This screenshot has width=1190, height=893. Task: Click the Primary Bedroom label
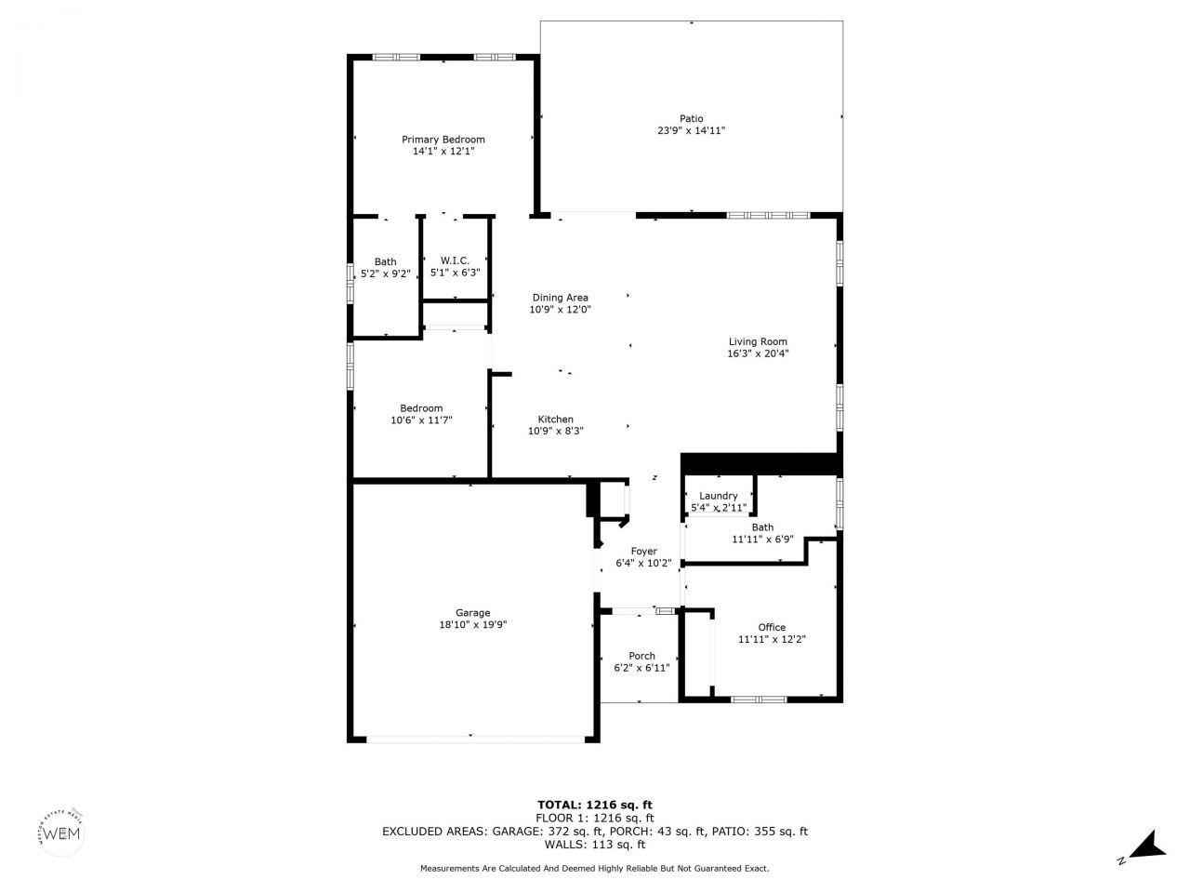click(x=443, y=140)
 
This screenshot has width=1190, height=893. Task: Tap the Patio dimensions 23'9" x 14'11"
click(x=691, y=131)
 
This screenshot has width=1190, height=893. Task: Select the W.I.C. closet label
click(x=455, y=260)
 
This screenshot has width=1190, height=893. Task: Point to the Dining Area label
click(x=560, y=298)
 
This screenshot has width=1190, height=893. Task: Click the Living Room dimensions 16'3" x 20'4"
click(x=758, y=353)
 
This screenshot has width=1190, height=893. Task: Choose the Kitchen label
click(x=556, y=420)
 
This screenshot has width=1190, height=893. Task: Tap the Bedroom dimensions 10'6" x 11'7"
click(x=421, y=420)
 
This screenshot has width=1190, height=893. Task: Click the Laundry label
click(x=718, y=496)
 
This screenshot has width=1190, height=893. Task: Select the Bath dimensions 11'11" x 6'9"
click(x=762, y=539)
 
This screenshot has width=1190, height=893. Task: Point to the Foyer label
click(x=643, y=552)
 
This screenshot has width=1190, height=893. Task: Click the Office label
click(x=772, y=627)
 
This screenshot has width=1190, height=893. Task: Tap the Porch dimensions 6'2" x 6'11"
click(x=641, y=668)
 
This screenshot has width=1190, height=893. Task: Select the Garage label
click(x=472, y=613)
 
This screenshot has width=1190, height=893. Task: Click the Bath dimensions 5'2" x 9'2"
click(x=385, y=273)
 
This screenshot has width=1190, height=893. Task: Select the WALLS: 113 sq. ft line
click(x=595, y=845)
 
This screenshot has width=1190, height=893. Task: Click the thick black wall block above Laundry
click(x=760, y=463)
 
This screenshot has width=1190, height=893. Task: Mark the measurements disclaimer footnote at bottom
click(x=595, y=868)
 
